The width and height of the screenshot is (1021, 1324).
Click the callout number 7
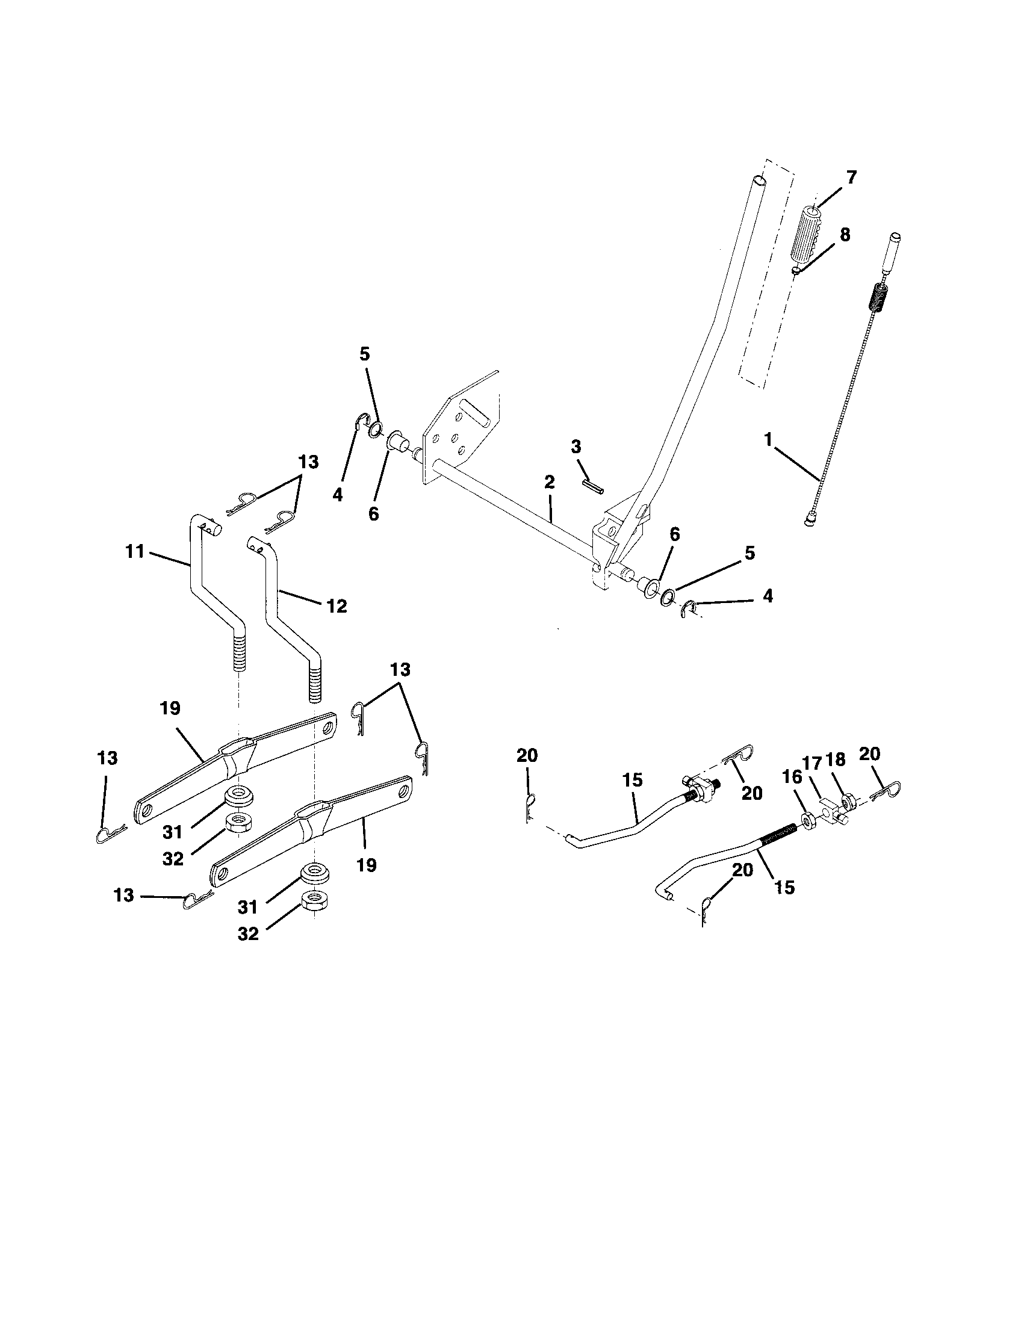click(x=851, y=178)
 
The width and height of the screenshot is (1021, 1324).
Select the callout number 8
click(x=845, y=235)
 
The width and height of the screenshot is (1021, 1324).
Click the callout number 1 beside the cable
click(x=768, y=439)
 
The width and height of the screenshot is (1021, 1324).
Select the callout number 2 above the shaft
click(x=549, y=482)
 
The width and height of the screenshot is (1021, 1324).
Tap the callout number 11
click(x=135, y=551)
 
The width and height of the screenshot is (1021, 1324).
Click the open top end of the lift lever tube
click(x=758, y=181)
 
